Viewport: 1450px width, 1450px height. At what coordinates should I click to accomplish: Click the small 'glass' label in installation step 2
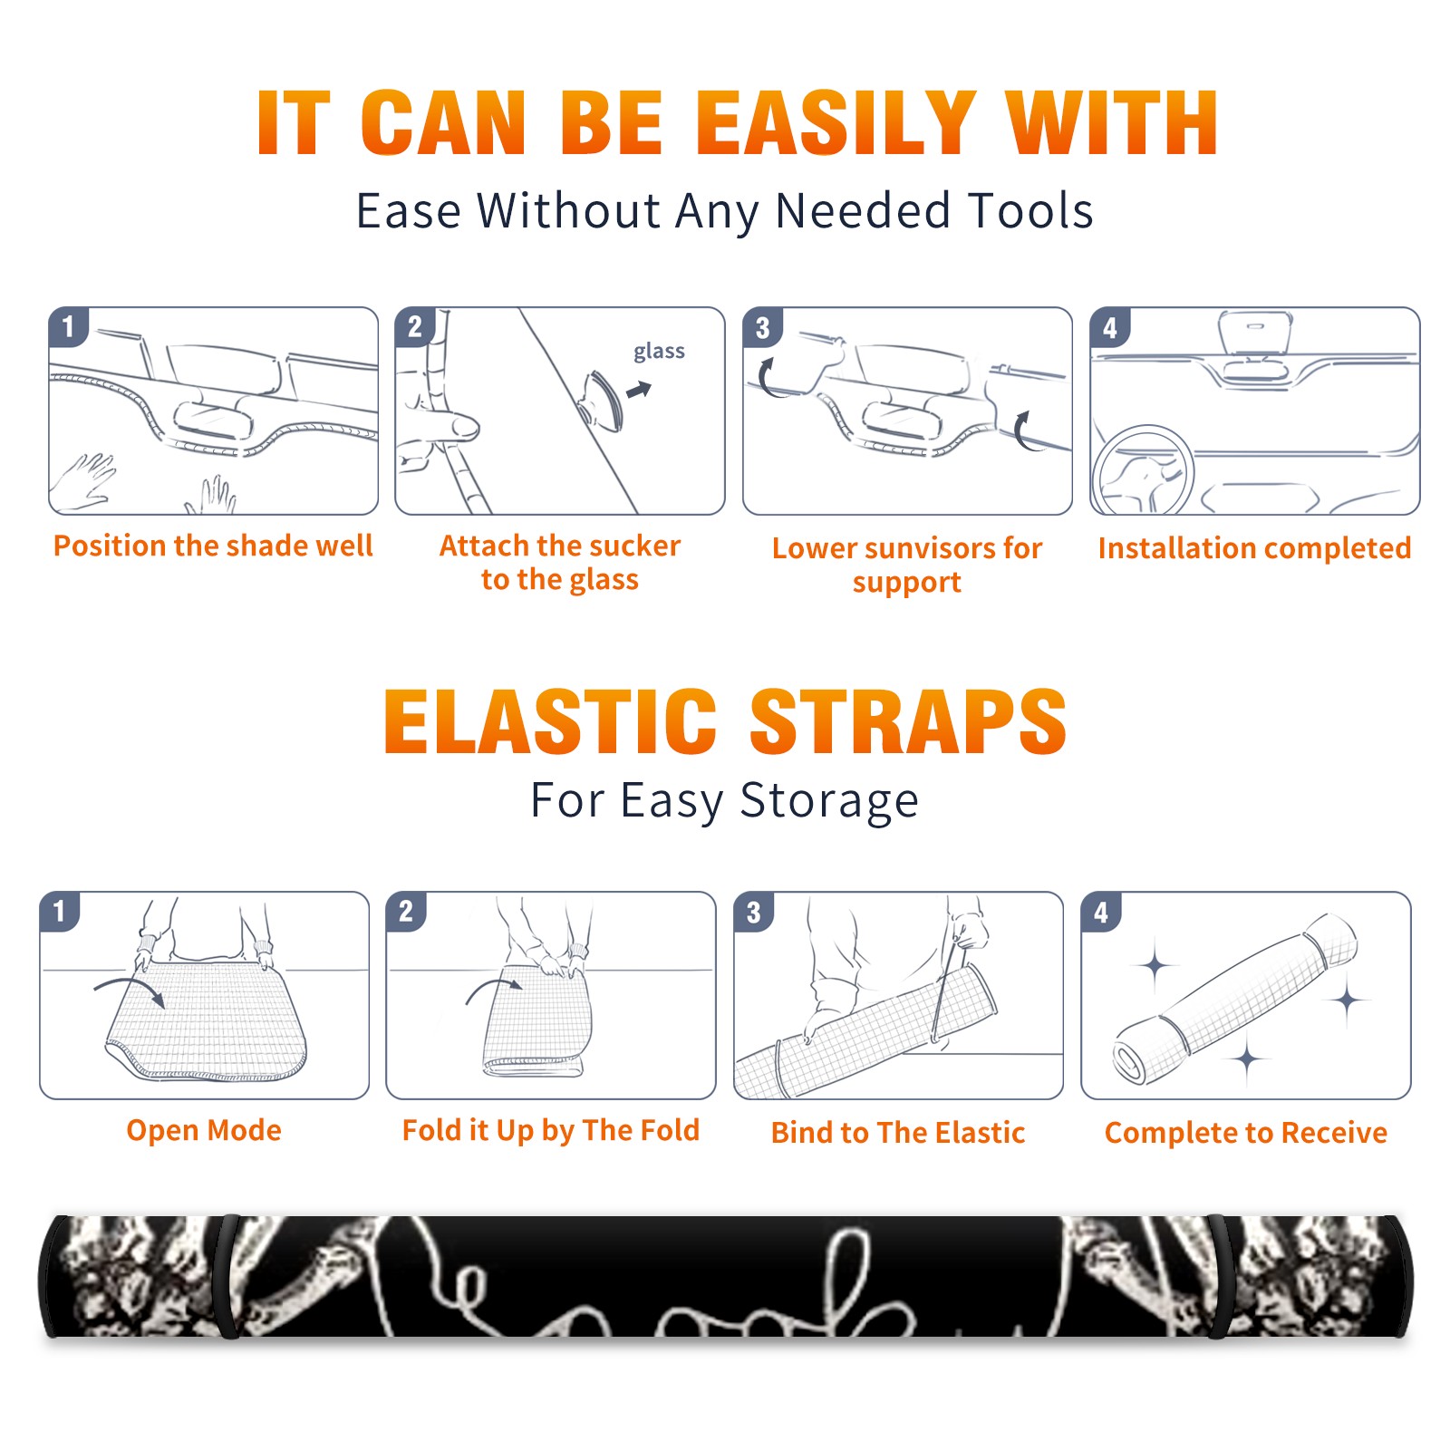tap(659, 352)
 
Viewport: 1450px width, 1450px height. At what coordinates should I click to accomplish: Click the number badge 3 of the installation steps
tap(762, 327)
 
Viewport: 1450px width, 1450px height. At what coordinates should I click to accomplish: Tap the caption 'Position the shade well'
tap(213, 546)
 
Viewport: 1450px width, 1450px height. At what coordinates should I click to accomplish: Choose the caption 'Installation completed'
tap(1254, 548)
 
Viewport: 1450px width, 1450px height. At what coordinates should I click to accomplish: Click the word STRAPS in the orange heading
tap(908, 721)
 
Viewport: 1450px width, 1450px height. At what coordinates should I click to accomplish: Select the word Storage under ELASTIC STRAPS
tap(829, 801)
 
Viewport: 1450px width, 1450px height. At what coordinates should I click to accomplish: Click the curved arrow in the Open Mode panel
tap(129, 990)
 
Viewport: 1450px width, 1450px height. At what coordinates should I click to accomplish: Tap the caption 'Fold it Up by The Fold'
tap(551, 1130)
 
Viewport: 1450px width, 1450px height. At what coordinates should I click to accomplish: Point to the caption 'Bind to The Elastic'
tap(898, 1133)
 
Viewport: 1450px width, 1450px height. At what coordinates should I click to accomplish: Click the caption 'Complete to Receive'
tap(1246, 1133)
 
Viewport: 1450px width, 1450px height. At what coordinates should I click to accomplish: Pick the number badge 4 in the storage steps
tap(1101, 912)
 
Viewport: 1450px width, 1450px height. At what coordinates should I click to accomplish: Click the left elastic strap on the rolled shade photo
tap(228, 1277)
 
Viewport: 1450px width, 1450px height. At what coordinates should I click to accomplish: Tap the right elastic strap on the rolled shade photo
tap(1220, 1277)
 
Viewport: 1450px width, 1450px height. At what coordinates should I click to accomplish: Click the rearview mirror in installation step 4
tap(1254, 333)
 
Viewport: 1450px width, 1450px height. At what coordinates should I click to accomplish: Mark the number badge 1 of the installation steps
tap(68, 326)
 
